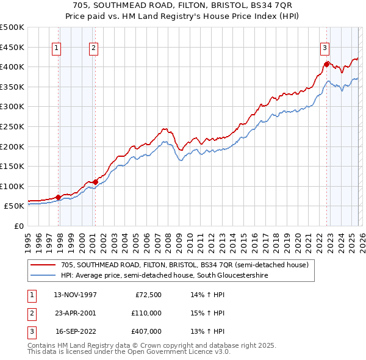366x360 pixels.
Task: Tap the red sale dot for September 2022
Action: pos(327,63)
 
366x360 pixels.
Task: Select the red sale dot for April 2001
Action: pos(96,182)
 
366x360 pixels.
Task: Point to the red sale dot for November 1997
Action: pos(59,197)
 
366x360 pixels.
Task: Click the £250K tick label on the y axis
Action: pos(12,126)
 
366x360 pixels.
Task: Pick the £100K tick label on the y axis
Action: pos(12,186)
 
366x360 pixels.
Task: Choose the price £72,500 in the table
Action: pos(148,295)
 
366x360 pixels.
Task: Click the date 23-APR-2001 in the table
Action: pos(75,313)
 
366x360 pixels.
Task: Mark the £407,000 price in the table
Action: pos(146,331)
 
